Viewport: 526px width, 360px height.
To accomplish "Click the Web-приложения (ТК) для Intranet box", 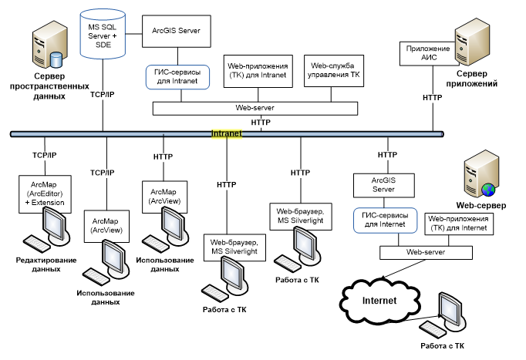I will (258, 71).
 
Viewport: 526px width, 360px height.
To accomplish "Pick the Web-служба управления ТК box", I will (333, 71).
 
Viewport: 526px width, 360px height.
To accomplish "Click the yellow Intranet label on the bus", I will (226, 134).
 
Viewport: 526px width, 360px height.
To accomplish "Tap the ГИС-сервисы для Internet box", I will (383, 220).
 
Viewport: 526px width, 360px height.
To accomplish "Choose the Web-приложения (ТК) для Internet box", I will (457, 223).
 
